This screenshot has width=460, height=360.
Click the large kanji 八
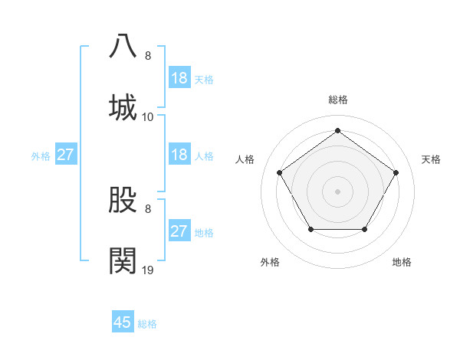(x=123, y=45)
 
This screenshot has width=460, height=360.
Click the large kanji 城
(x=123, y=106)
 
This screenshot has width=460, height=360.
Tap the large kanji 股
(x=123, y=198)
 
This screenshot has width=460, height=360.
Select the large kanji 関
(x=123, y=260)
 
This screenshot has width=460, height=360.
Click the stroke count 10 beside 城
(x=148, y=116)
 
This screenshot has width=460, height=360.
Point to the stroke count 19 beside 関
(x=148, y=270)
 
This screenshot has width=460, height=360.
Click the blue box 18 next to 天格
(x=179, y=78)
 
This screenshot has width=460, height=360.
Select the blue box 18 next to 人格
(x=179, y=155)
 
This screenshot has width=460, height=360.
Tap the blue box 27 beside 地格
(x=179, y=232)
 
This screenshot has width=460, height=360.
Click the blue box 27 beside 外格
(x=65, y=155)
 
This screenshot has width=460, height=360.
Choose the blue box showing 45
(x=123, y=322)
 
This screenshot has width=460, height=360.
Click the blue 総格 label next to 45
(x=147, y=324)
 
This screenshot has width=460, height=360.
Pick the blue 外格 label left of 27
(x=41, y=156)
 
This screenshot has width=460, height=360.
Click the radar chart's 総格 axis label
(x=338, y=100)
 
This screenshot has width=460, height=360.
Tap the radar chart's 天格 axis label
(x=431, y=159)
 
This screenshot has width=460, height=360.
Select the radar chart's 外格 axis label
(x=270, y=262)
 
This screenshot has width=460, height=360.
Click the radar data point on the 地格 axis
(x=364, y=229)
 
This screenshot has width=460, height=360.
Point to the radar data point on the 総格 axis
(x=337, y=131)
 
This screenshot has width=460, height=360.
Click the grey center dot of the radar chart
(x=337, y=191)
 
